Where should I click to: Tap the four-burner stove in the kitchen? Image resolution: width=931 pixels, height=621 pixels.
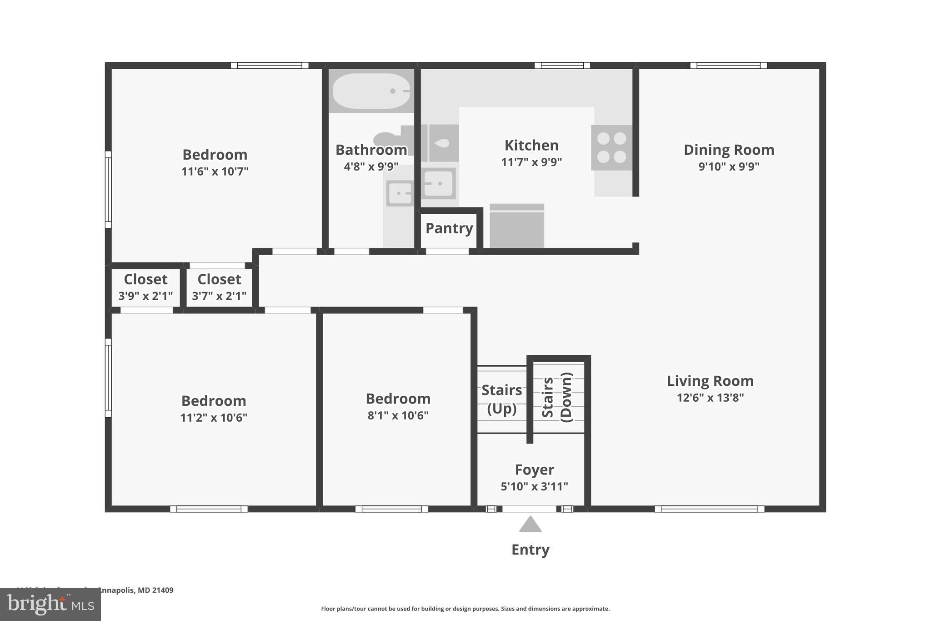click(x=611, y=147)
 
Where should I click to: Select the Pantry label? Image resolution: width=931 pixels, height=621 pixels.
click(x=449, y=228)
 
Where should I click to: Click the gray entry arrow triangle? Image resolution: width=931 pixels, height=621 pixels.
click(x=530, y=525)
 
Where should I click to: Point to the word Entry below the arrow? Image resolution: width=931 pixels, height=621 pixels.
click(x=530, y=550)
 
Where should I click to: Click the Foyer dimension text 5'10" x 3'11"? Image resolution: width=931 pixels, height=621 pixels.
click(x=534, y=487)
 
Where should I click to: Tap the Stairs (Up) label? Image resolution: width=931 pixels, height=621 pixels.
click(x=501, y=399)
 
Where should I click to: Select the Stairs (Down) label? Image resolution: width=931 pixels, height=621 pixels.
click(x=557, y=397)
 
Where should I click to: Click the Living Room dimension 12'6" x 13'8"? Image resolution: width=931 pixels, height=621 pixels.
click(x=710, y=398)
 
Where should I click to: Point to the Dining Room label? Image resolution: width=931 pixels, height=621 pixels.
click(x=729, y=150)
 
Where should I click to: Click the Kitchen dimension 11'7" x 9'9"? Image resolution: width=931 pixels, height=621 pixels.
click(x=531, y=162)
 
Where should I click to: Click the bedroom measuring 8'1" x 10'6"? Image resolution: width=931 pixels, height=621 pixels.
click(x=398, y=406)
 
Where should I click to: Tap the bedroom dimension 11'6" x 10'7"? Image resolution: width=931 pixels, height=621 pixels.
click(x=215, y=172)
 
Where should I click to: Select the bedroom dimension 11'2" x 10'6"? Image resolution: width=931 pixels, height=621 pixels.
click(x=214, y=418)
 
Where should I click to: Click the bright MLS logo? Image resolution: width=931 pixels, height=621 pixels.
click(x=50, y=604)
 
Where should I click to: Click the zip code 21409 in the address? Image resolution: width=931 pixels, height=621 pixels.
click(x=163, y=591)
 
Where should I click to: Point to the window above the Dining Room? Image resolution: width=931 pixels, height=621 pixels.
click(x=728, y=66)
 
